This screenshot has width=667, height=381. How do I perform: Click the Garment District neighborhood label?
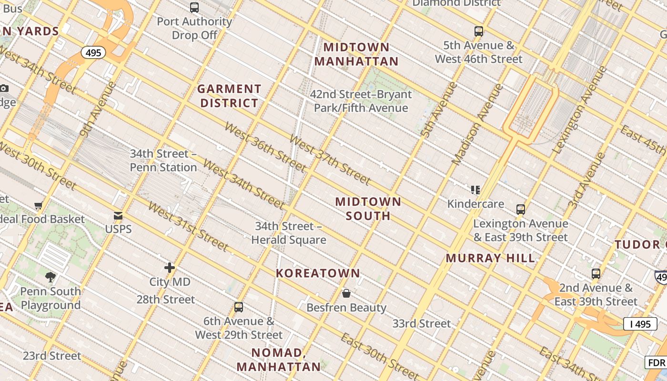pos(229,96)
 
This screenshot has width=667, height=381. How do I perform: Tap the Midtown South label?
pos(368,209)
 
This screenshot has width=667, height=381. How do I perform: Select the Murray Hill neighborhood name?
pos(490,258)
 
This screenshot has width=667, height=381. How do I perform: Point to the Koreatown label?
pos(318,273)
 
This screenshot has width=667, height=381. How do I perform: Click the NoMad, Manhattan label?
pos(279,360)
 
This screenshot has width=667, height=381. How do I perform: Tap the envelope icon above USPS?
pos(118,216)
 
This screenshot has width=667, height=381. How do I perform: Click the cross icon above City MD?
pos(170,268)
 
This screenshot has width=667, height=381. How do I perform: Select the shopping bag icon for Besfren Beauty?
pos(346,293)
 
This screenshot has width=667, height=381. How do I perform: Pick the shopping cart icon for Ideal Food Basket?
pos(39,205)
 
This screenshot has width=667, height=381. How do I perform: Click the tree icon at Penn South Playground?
pos(51,277)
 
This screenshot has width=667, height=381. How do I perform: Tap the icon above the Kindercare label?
pos(475,190)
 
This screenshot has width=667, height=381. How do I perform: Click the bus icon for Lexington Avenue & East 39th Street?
pos(520,209)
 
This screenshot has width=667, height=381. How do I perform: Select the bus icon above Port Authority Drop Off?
pos(194,8)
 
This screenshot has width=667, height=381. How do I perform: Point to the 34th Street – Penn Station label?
pos(163,160)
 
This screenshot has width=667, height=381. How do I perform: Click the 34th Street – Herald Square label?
pos(289,233)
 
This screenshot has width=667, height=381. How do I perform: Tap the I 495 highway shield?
pos(640,324)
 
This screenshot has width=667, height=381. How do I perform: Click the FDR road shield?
pos(656,362)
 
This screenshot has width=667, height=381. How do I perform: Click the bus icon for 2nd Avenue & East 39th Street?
pos(596,274)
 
